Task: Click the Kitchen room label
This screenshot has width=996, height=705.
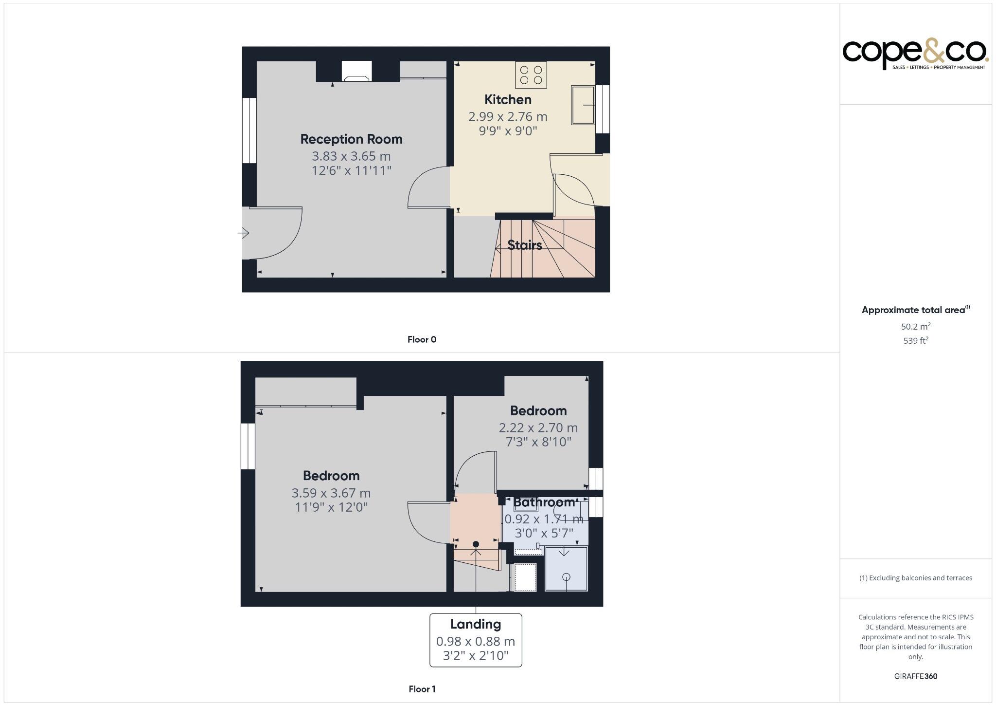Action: click(508, 100)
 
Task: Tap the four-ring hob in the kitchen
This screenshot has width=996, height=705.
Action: click(531, 75)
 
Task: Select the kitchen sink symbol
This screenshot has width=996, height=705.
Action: click(583, 105)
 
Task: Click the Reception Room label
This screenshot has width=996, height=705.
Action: click(351, 139)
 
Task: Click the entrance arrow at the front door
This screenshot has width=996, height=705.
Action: click(243, 233)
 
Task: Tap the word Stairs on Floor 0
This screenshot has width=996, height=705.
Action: click(524, 245)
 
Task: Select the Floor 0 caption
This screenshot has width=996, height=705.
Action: click(422, 340)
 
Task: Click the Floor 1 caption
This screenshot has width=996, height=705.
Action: click(422, 689)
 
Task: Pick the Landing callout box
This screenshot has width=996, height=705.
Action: click(476, 640)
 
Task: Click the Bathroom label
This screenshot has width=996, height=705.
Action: click(544, 502)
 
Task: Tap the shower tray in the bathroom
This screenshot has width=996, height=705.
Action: click(566, 569)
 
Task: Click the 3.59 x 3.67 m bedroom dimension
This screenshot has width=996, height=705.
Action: click(331, 493)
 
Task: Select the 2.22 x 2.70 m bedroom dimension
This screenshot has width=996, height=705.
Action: click(538, 428)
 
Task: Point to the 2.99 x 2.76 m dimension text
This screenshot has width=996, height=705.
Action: click(508, 117)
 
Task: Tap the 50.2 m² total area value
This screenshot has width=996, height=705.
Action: click(915, 327)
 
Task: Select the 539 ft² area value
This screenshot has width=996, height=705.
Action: click(915, 341)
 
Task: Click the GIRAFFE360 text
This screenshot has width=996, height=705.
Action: click(915, 676)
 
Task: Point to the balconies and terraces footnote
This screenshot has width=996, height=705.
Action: click(915, 578)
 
